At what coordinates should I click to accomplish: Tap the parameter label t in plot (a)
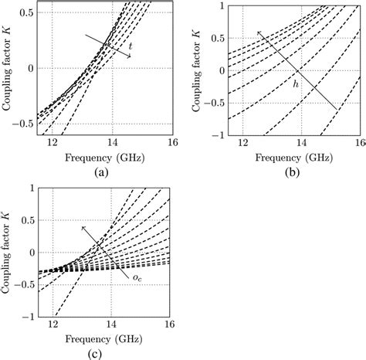[130, 46]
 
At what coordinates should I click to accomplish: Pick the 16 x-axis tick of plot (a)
[171, 143]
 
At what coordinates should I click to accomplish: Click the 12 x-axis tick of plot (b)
[243, 144]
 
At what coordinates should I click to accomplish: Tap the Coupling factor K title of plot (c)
[10, 251]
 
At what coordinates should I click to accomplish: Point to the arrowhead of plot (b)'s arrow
[257, 30]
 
